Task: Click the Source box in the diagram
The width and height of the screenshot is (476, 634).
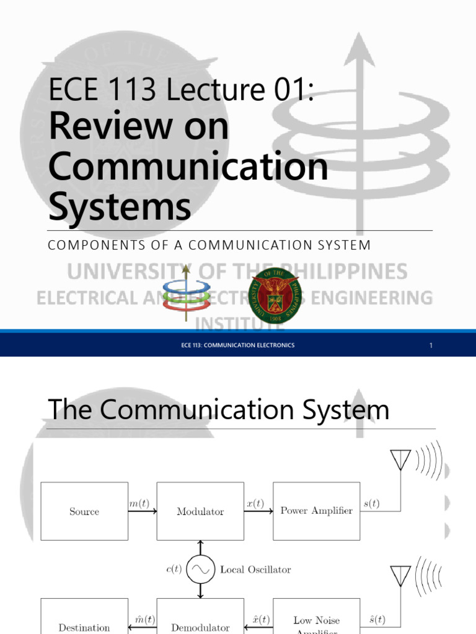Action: [x=84, y=511]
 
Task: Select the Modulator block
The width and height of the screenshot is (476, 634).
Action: [x=200, y=511]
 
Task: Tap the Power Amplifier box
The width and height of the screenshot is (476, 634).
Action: [x=316, y=511]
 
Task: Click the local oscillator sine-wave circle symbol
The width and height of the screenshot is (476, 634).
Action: [x=200, y=570]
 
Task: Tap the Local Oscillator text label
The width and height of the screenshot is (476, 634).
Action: [x=255, y=570]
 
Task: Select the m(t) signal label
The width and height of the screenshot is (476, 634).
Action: [x=143, y=504]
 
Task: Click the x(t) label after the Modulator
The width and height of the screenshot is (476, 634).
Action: [x=255, y=504]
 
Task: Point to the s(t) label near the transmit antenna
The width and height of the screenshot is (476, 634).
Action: [x=372, y=504]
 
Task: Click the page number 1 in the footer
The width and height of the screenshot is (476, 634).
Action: [x=431, y=345]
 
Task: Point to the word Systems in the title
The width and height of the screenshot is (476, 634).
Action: [x=120, y=207]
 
